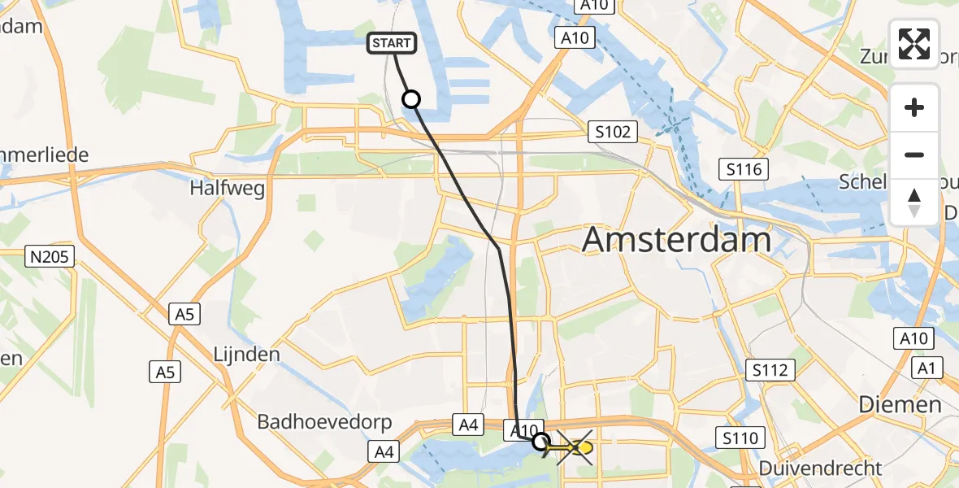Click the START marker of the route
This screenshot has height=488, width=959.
(x=393, y=43)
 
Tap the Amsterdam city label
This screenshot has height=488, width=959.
(x=676, y=240)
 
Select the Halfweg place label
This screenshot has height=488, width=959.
(x=227, y=189)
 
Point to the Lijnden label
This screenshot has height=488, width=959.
(x=245, y=354)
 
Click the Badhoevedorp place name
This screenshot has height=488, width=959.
(x=324, y=422)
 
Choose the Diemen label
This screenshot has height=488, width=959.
(x=901, y=404)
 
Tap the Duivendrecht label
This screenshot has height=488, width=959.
(x=820, y=468)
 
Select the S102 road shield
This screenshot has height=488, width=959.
(x=612, y=131)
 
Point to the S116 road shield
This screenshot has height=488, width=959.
(x=744, y=169)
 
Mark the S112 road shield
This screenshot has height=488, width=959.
(x=770, y=371)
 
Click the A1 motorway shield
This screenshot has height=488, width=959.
(x=926, y=368)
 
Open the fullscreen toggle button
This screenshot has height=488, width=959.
(x=914, y=44)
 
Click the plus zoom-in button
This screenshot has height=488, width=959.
(x=914, y=107)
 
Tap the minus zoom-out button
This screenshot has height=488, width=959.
(x=914, y=155)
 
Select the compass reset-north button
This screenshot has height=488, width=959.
(x=914, y=202)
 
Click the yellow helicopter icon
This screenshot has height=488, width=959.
(x=578, y=447)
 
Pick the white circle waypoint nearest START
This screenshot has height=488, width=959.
(x=411, y=99)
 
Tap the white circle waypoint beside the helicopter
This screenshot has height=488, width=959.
(x=540, y=442)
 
